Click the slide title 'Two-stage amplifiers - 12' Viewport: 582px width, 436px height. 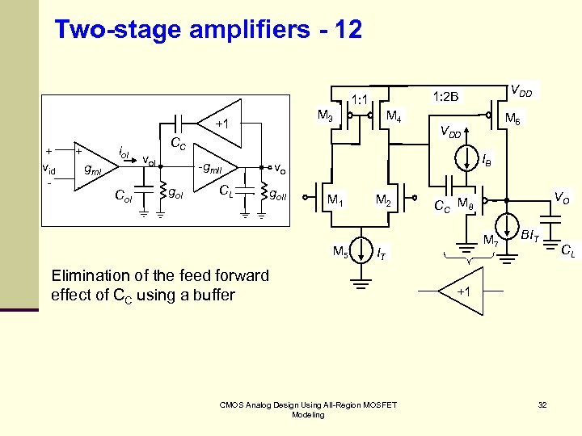208,30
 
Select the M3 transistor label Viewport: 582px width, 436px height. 326,116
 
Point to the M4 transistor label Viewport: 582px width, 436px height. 394,116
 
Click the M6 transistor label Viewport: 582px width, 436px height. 512,119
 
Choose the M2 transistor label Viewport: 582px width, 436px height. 383,200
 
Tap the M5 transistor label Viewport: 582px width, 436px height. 342,252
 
